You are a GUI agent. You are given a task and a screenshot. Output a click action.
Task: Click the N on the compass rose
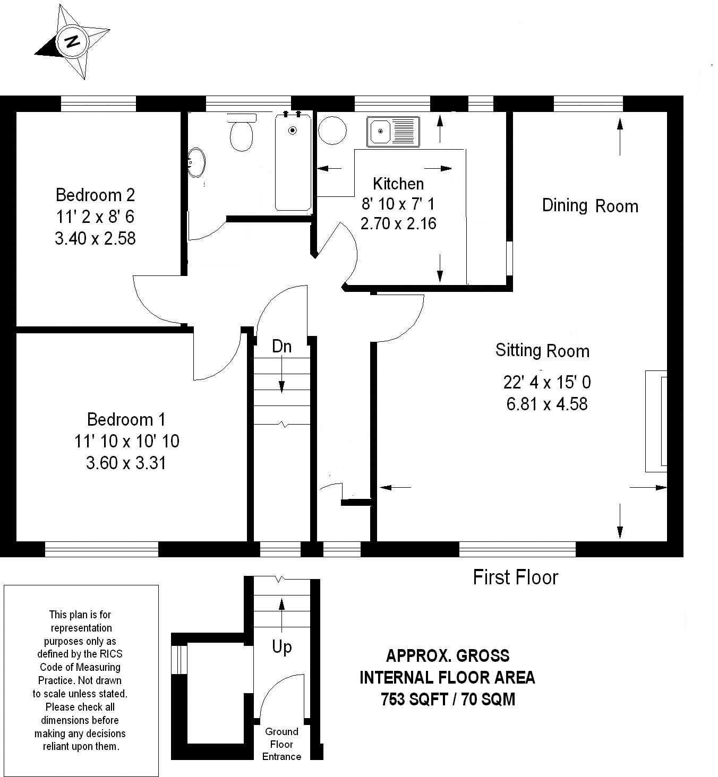click(x=72, y=41)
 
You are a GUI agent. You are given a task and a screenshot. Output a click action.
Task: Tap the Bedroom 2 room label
click(x=95, y=195)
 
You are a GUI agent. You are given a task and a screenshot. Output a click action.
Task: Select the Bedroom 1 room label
click(x=126, y=420)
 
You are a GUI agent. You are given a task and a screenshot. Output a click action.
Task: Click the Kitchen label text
click(x=398, y=184)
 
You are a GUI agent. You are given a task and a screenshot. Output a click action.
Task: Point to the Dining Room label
click(x=590, y=206)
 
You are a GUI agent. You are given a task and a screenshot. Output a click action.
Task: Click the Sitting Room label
click(x=542, y=350)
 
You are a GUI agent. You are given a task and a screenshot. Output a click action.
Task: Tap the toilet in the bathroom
click(x=241, y=132)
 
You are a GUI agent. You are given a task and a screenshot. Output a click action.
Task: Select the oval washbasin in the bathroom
click(x=196, y=162)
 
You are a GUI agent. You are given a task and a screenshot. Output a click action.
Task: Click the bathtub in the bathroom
click(x=293, y=161)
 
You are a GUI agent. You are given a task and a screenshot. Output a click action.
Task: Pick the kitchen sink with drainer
click(x=393, y=132)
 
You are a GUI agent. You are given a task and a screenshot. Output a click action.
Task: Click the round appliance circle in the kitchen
click(x=332, y=131)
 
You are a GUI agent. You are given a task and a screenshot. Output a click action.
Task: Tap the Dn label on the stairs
click(x=281, y=347)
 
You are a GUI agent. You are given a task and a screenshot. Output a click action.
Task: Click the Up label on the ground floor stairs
click(x=282, y=647)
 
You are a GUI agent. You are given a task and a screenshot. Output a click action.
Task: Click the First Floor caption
click(x=515, y=577)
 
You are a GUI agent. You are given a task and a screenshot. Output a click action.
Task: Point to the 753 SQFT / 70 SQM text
click(x=448, y=699)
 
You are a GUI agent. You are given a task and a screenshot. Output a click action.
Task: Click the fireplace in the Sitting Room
click(x=656, y=421)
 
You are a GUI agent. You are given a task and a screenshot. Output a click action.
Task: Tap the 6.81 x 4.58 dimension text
click(x=547, y=404)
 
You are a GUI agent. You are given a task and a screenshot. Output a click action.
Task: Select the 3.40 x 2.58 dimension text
click(x=95, y=238)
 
